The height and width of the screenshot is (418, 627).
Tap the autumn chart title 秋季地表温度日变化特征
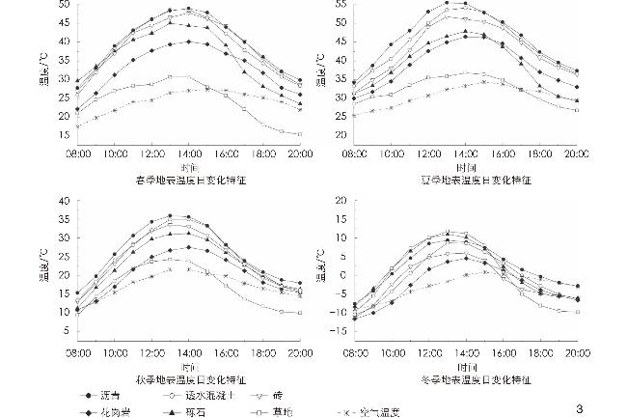coord(189,379)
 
